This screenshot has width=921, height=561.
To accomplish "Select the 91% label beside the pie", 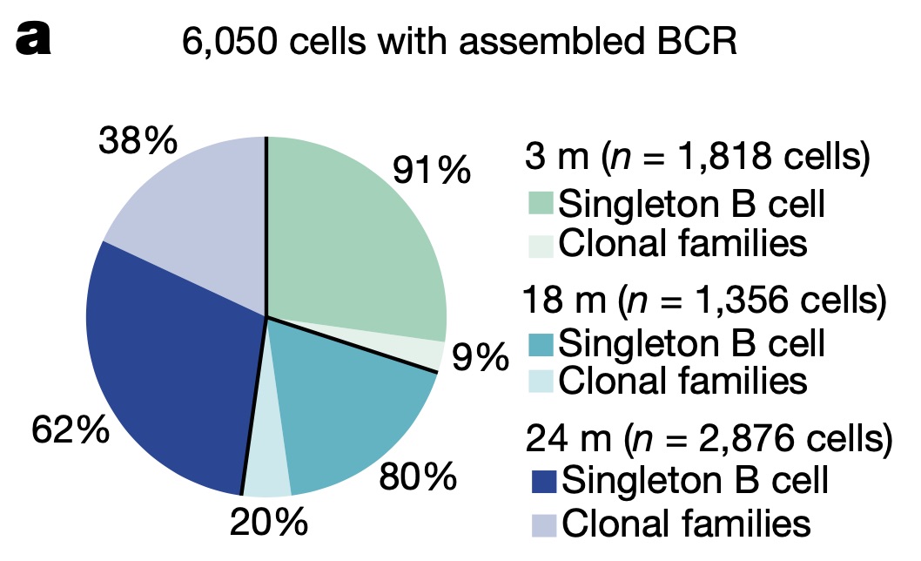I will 432,170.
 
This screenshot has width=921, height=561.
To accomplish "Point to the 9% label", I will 479,357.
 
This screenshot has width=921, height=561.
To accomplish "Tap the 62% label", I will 70,429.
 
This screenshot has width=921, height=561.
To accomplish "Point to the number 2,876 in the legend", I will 728,439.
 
